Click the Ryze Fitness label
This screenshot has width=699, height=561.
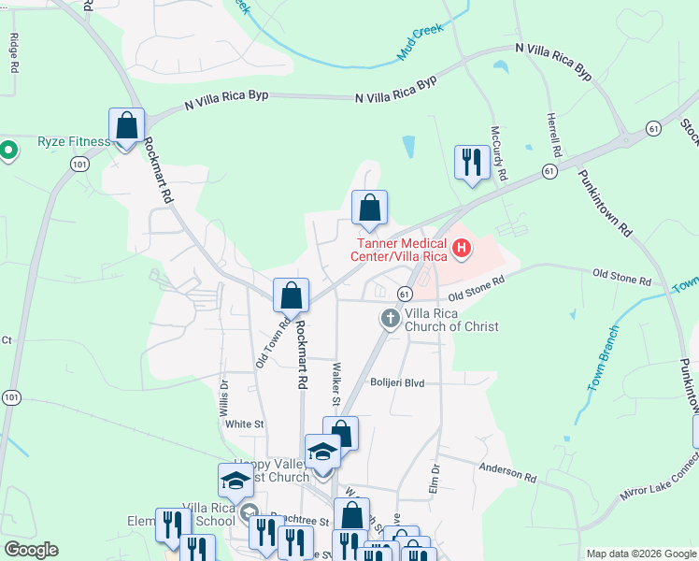[74, 142]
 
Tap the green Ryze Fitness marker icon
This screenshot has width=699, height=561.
[8, 150]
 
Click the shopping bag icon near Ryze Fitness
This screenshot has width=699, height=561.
[126, 126]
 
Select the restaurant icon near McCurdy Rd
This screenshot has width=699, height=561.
[470, 163]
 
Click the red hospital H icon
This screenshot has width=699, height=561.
[461, 248]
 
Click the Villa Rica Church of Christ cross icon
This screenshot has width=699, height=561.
[390, 320]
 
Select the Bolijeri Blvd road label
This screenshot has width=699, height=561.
[397, 382]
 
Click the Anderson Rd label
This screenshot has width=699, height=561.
[508, 473]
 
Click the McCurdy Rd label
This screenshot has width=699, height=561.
[500, 154]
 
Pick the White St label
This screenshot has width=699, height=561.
[245, 424]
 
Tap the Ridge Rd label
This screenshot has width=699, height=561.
[14, 54]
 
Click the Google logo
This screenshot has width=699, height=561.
[30, 550]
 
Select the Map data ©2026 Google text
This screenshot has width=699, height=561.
[640, 554]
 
